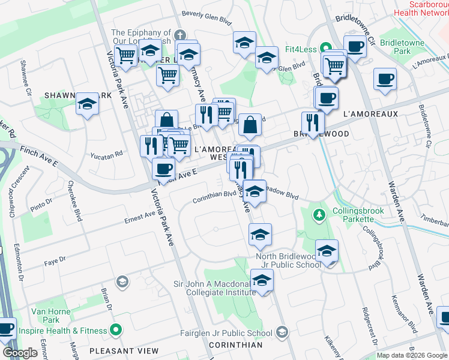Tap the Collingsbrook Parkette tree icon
coord(319,214)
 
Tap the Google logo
coord(20,353)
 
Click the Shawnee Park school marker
coord(87,105)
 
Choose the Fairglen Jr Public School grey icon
coord(283,333)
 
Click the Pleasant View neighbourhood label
coord(124,350)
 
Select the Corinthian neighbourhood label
coord(236,345)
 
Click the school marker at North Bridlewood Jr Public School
coord(327,251)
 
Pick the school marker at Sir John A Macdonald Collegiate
coord(262,280)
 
